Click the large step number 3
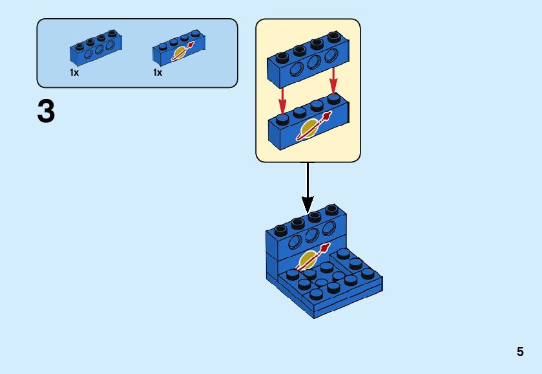[47, 112]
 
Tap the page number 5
[520, 352]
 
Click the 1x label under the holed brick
[74, 73]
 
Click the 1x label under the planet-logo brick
[157, 73]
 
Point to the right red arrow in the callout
[333, 80]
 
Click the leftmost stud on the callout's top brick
[282, 56]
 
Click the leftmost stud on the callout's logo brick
[282, 119]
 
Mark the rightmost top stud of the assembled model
[331, 210]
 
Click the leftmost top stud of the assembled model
[280, 230]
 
